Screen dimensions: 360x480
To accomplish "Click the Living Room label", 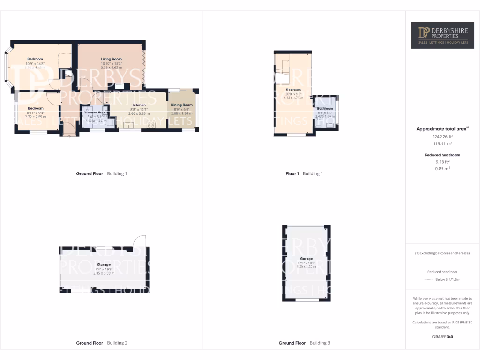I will point(111,59).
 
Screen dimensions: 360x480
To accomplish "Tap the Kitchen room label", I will point(139,105).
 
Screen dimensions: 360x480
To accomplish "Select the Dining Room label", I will point(181,105).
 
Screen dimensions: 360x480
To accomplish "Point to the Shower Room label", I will point(96,112).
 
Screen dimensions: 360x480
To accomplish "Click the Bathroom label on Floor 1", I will point(325,109).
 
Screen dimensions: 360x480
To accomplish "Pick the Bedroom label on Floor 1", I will point(293,90).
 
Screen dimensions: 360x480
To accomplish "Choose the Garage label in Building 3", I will point(306,259).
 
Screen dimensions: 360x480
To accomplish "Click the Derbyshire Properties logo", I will point(443,36).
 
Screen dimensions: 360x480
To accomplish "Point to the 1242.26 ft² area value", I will point(443,137).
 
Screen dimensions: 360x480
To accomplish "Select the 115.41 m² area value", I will point(443,144).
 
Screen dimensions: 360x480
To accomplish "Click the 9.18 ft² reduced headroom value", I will point(443,161).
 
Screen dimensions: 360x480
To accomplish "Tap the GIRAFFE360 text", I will point(442,337).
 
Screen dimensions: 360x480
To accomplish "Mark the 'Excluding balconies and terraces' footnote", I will point(442,253).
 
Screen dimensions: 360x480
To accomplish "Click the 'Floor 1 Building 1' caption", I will point(304,174).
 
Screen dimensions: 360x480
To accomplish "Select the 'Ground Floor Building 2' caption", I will point(102,343).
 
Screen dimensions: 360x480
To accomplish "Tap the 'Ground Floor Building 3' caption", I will point(304,343).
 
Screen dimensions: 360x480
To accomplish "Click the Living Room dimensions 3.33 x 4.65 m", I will point(111,68).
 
